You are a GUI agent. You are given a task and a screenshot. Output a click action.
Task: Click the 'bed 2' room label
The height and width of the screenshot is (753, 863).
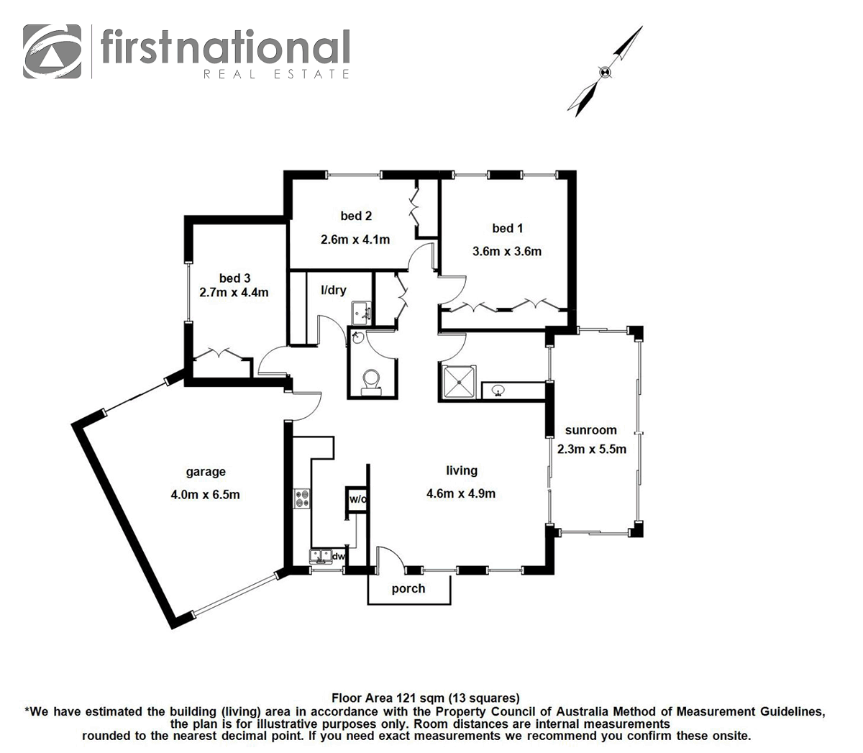click(356, 216)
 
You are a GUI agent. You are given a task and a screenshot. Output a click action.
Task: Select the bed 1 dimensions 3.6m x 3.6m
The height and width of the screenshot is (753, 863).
click(506, 252)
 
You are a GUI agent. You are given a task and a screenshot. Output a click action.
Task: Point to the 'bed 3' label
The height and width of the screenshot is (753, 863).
click(234, 278)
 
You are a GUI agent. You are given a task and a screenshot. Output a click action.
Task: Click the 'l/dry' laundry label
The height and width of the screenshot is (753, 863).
click(333, 291)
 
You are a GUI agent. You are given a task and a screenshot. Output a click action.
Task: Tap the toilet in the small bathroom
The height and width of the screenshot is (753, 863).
click(371, 380)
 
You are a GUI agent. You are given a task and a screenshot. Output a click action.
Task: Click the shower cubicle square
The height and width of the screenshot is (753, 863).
click(457, 381)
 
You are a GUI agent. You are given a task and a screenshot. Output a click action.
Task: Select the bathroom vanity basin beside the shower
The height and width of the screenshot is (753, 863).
click(498, 391)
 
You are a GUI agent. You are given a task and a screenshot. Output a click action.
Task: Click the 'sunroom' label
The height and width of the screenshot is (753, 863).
click(590, 430)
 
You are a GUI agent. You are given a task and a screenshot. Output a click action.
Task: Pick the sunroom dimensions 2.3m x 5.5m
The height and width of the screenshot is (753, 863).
click(592, 449)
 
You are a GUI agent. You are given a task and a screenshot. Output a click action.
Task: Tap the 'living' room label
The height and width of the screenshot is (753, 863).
click(461, 470)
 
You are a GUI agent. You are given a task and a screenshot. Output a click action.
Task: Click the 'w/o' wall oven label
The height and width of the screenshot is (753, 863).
click(357, 499)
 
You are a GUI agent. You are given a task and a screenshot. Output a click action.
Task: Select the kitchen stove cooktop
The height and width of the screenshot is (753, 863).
click(302, 498)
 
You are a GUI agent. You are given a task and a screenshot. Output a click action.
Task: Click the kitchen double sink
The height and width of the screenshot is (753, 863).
click(320, 556)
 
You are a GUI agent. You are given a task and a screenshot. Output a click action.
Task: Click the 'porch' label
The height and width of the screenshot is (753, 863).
click(408, 588)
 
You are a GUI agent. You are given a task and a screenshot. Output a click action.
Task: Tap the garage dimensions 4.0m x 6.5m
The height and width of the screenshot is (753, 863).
click(206, 494)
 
